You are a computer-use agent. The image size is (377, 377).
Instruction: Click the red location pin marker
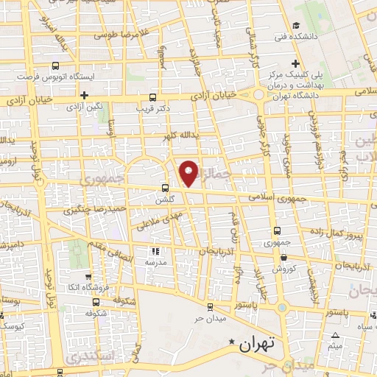(189, 172)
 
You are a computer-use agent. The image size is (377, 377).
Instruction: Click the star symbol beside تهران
(233, 342)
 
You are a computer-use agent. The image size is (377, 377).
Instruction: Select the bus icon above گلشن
(165, 187)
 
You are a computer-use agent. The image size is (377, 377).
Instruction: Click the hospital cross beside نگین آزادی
(85, 95)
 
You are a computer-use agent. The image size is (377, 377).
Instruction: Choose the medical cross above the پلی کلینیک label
(296, 64)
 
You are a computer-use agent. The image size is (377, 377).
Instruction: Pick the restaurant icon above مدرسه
(155, 250)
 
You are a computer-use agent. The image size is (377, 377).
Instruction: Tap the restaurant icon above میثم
(336, 335)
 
